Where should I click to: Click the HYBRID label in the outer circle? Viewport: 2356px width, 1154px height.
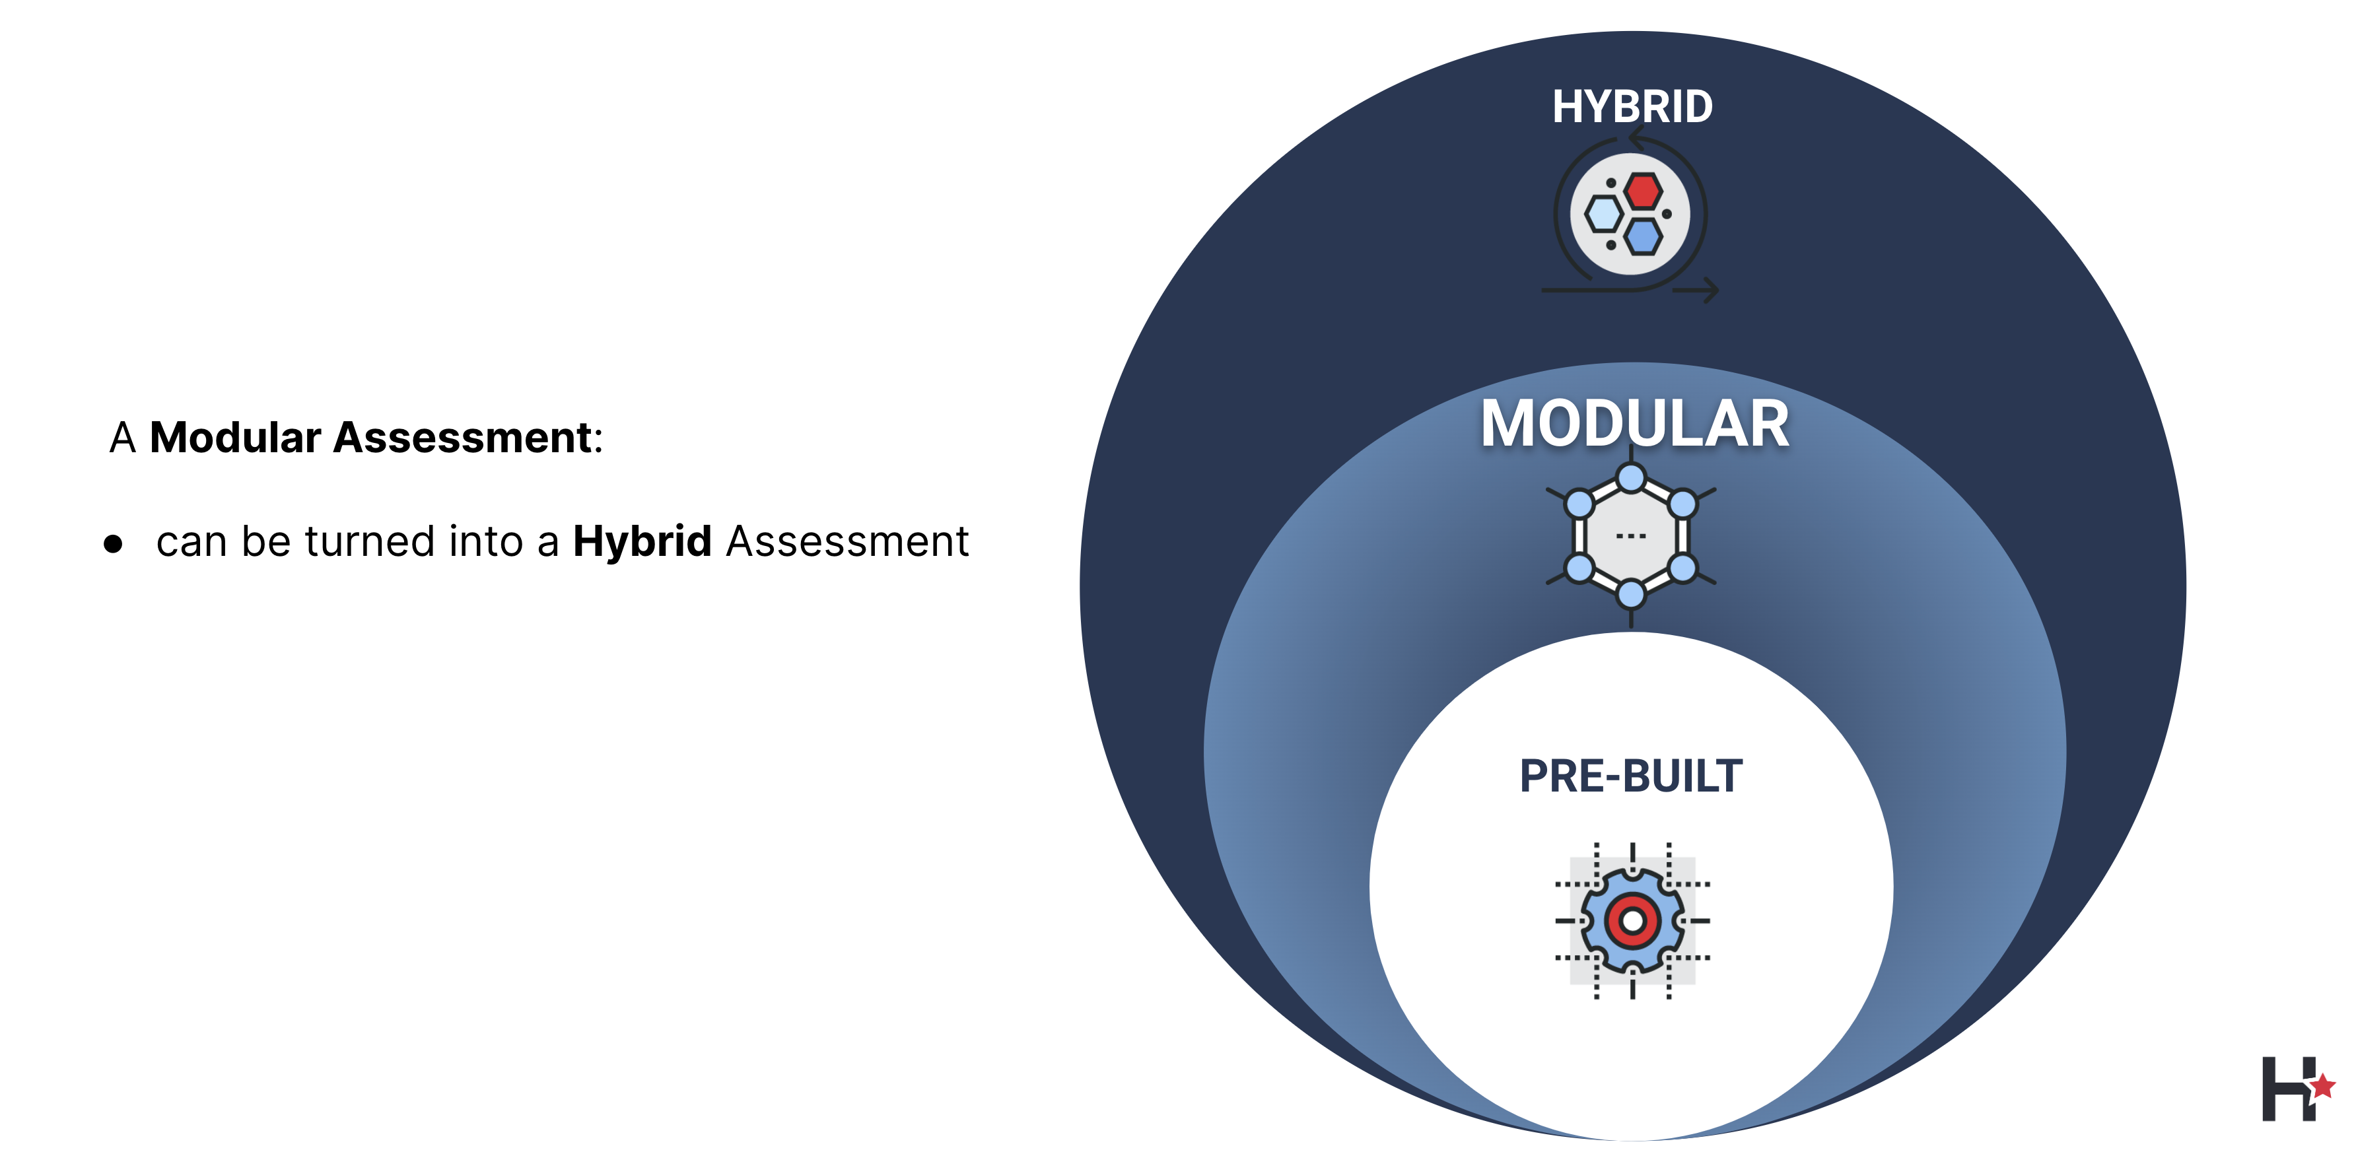click(1632, 107)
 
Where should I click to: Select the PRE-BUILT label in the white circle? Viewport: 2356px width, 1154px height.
click(1631, 776)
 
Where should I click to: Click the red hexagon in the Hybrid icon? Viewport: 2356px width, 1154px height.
click(1644, 191)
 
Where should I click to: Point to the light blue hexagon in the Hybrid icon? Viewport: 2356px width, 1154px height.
click(1604, 214)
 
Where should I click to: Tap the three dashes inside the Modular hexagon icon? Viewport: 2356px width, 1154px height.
click(1631, 536)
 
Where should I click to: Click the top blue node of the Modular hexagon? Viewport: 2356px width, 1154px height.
click(1631, 477)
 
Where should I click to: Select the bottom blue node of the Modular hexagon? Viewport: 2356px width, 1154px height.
click(1631, 595)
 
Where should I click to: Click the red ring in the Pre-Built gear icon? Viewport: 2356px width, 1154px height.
click(1632, 921)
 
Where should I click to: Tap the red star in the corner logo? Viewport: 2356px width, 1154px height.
click(2322, 1087)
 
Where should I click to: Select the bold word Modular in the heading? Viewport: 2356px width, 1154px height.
click(235, 437)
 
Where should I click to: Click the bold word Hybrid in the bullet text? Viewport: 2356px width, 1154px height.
click(642, 541)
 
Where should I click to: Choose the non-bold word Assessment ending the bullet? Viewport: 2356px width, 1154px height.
click(847, 541)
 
